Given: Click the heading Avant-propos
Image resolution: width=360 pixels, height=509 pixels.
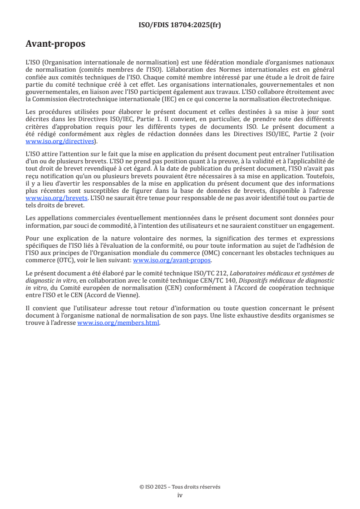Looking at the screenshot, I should [x=55, y=44].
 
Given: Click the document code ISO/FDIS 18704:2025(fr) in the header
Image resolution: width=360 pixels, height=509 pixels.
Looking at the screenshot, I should [x=180, y=25].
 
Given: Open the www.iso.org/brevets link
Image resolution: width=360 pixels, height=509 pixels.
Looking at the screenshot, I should [x=56, y=198].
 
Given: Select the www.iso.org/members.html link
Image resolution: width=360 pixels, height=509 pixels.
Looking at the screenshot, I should [x=118, y=323].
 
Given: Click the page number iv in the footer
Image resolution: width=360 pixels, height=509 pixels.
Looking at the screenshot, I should [x=180, y=495].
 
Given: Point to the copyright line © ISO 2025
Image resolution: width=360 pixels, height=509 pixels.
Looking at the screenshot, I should [x=180, y=487].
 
